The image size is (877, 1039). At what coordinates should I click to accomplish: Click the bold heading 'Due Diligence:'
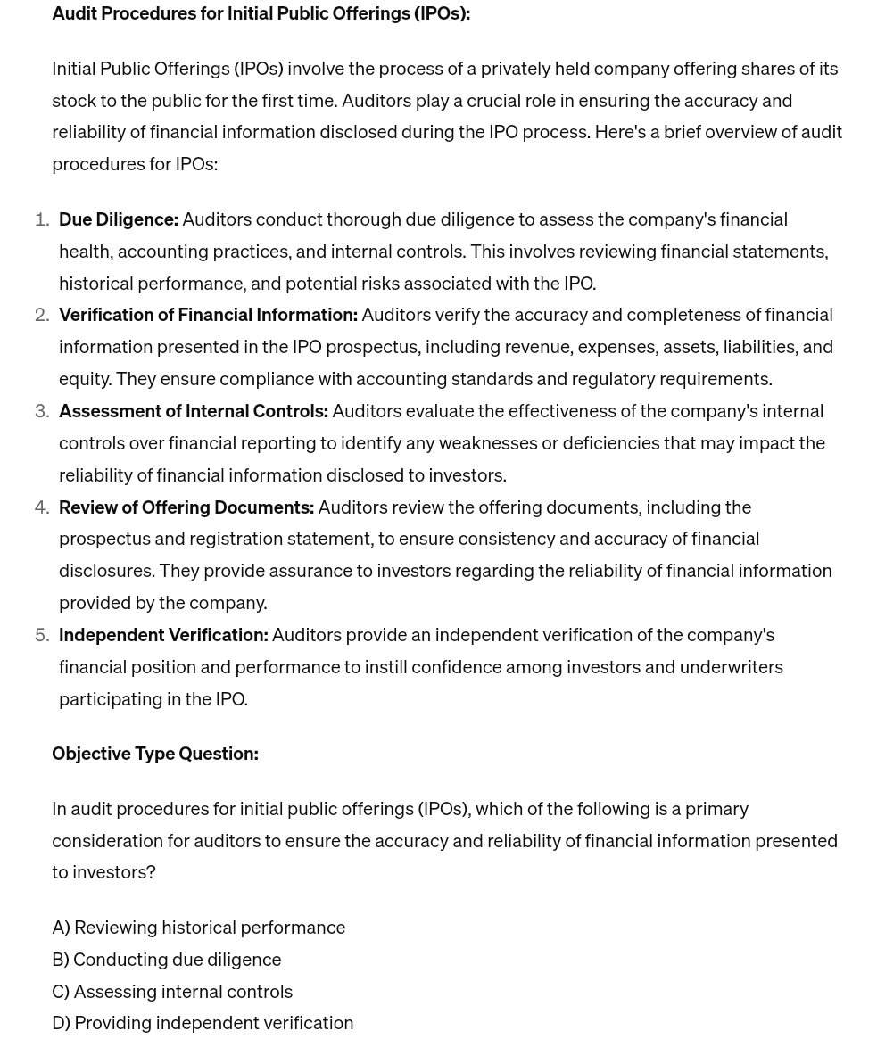pyautogui.click(x=118, y=219)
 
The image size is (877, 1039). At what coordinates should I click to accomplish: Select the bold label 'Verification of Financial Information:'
pyautogui.click(x=208, y=315)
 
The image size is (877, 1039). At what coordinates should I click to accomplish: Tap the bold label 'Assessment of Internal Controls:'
pyautogui.click(x=193, y=411)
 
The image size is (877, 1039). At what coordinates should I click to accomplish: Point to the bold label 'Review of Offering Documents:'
pyautogui.click(x=186, y=507)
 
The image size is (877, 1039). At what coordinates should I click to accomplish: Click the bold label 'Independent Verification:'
pyautogui.click(x=163, y=635)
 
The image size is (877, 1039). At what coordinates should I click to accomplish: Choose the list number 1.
pyautogui.click(x=41, y=219)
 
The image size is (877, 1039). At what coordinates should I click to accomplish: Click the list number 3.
pyautogui.click(x=41, y=411)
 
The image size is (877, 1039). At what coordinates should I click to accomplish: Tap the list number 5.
pyautogui.click(x=41, y=635)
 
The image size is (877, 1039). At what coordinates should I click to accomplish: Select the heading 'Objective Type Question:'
pyautogui.click(x=154, y=754)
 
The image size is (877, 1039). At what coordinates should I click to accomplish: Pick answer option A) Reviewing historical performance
pyautogui.click(x=198, y=928)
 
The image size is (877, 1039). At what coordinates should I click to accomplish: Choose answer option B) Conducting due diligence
pyautogui.click(x=166, y=960)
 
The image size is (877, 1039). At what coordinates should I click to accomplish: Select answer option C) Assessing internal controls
pyautogui.click(x=172, y=992)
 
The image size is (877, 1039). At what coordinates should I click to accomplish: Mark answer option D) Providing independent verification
pyautogui.click(x=203, y=1023)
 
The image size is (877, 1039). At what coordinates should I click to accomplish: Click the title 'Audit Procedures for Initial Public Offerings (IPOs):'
pyautogui.click(x=261, y=13)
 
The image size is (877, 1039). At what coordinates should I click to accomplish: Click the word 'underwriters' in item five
pyautogui.click(x=731, y=667)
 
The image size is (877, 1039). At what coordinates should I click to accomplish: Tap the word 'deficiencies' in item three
pyautogui.click(x=610, y=443)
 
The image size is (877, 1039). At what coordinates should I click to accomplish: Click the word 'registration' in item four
pyautogui.click(x=236, y=539)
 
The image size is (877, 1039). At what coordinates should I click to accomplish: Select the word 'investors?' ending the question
pyautogui.click(x=113, y=872)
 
